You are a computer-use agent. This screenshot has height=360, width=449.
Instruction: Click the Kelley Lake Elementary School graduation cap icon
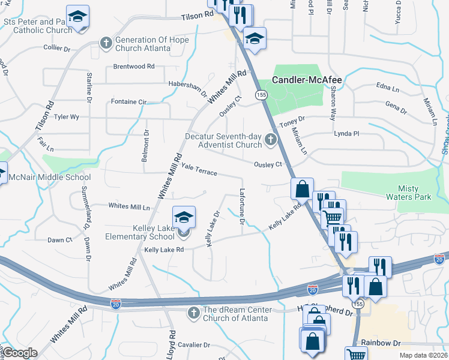[184, 217]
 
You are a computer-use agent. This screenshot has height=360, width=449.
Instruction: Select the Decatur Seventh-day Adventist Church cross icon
[271, 141]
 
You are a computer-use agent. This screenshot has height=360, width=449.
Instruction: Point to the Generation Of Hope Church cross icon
[106, 43]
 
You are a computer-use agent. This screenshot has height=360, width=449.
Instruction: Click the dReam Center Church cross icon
[193, 313]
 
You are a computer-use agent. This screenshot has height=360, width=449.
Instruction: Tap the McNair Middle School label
[49, 177]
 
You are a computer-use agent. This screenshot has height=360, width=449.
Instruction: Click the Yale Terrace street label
[199, 171]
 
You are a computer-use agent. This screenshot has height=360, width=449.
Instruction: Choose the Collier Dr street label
[58, 47]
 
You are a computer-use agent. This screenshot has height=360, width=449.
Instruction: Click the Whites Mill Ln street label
[130, 206]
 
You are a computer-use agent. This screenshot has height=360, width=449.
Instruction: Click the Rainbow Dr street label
[381, 343]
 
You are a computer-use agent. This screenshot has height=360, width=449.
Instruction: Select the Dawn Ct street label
[59, 240]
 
